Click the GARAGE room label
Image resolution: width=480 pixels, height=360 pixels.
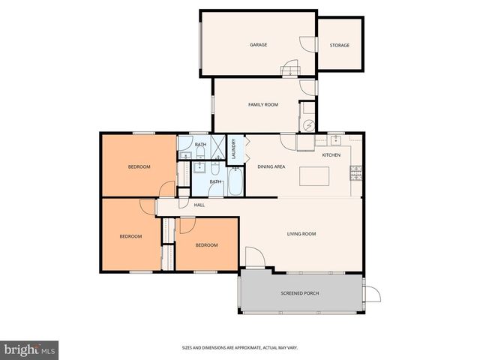tap(259, 45)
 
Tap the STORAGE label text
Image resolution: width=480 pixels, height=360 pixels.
tap(340, 46)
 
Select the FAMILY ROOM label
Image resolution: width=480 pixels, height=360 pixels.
tap(263, 105)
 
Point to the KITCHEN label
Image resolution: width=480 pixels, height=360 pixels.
tap(331, 155)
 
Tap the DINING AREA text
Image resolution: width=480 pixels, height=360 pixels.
tap(271, 166)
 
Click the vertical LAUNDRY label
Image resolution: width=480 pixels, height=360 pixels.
tap(234, 149)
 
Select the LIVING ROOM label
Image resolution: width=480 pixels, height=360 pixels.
tap(301, 234)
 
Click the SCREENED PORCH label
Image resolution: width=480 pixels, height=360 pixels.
tap(300, 293)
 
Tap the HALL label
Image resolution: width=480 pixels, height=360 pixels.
tap(199, 205)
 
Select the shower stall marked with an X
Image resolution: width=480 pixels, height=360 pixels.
tap(217, 145)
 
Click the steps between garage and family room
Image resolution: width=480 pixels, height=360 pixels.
tap(289, 71)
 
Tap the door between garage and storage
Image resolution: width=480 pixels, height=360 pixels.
tap(307, 45)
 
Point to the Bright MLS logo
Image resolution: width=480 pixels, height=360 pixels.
tap(30, 349)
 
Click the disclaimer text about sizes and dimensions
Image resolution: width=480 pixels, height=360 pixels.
tap(241, 347)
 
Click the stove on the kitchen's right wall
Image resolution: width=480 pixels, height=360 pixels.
tap(356, 175)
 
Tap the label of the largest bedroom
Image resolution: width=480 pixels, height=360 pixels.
tap(139, 166)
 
